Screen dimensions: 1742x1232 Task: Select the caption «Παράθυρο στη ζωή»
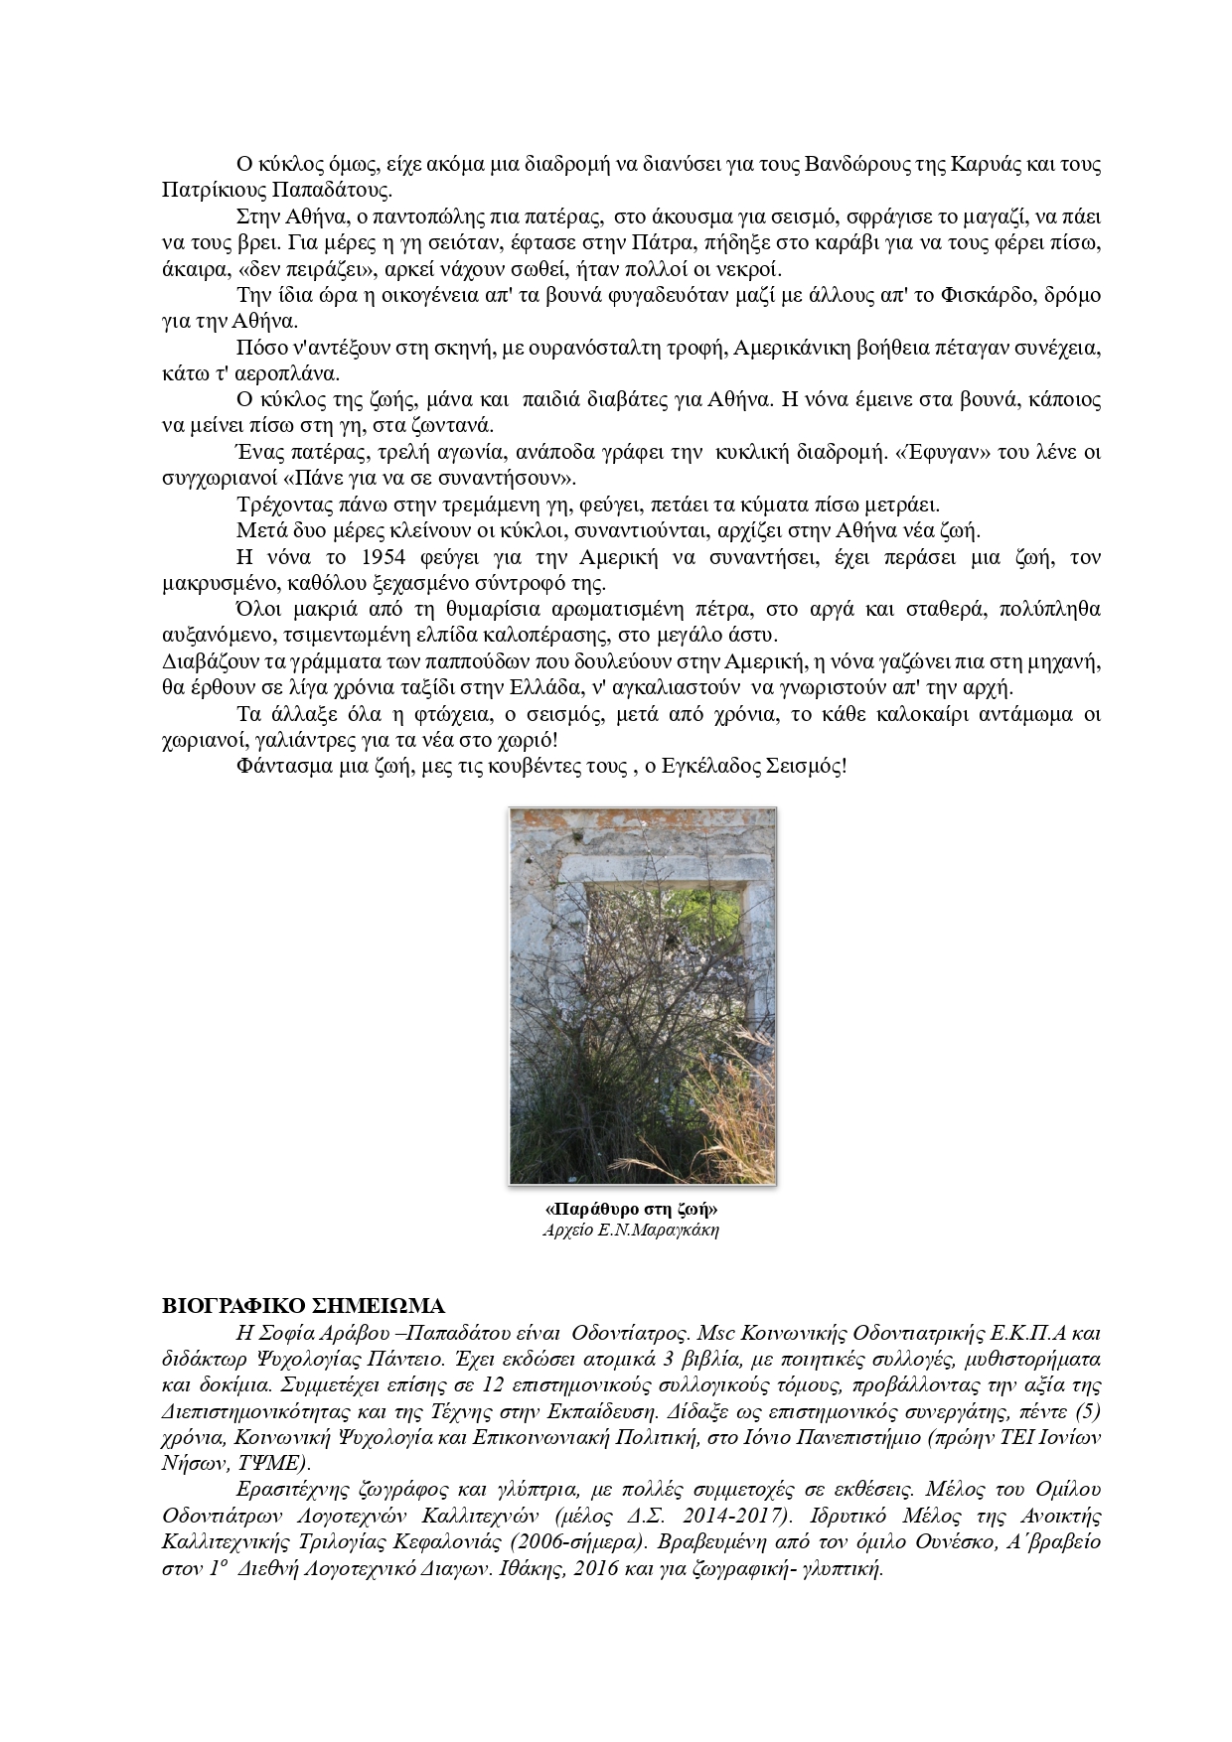coord(632,1211)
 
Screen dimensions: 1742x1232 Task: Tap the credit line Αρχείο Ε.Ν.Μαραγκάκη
coord(631,1231)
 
